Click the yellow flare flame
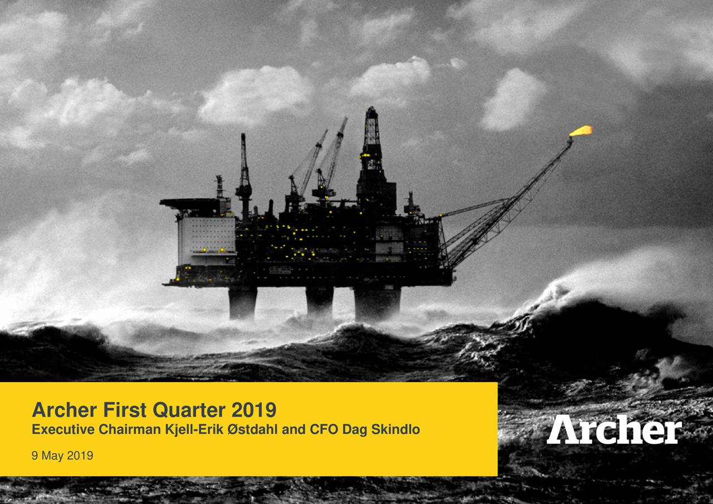coord(582,130)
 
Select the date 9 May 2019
coord(62,456)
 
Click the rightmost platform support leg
coord(377,304)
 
